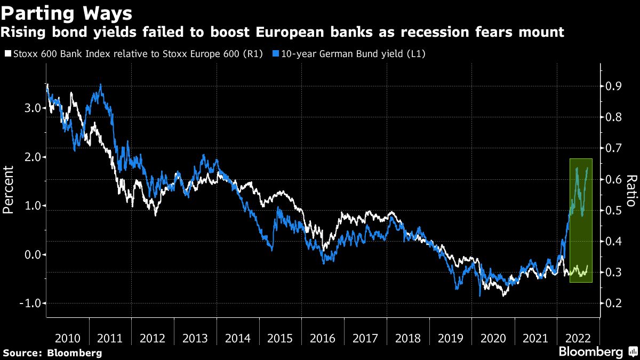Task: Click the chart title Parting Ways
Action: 66,12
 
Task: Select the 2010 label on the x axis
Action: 68,338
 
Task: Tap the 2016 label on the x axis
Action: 323,338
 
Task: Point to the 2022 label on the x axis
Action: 578,338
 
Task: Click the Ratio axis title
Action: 630,190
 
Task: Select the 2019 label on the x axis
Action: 450,338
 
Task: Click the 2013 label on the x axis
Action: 195,338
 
